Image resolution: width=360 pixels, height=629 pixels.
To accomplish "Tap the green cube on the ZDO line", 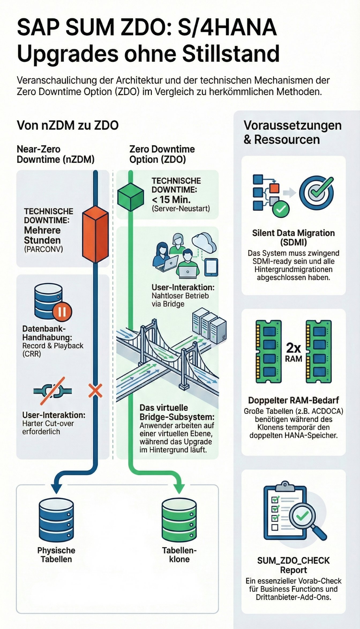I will click(x=131, y=197).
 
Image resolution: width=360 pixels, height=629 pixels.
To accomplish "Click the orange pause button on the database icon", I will click(x=62, y=312).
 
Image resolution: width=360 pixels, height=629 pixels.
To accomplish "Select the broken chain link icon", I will click(x=52, y=391).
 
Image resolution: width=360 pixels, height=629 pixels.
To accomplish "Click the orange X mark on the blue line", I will click(x=95, y=391).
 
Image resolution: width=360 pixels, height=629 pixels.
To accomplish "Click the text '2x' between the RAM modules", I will click(x=293, y=348).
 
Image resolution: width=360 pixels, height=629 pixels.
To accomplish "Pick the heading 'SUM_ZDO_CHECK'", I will click(x=293, y=560).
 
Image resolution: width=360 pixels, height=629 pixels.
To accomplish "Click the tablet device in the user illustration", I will click(x=211, y=267).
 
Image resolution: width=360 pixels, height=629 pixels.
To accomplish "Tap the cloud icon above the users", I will click(x=204, y=242).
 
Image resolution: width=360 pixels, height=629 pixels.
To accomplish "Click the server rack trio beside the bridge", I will click(x=209, y=325).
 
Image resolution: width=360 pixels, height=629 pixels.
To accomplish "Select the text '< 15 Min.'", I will click(x=171, y=199).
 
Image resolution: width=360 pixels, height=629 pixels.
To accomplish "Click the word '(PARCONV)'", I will click(x=43, y=249).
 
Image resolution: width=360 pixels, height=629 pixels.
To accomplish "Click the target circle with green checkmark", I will click(x=317, y=192).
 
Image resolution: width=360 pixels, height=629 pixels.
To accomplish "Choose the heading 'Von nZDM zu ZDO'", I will click(x=67, y=125).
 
